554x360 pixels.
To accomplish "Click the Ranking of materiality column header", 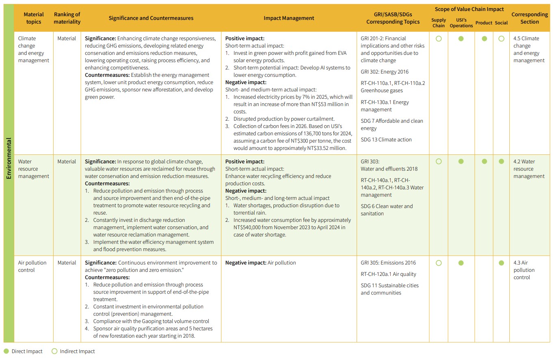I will [67, 18].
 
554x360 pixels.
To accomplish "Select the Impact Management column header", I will [289, 18].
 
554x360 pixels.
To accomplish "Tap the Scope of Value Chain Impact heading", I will [469, 9].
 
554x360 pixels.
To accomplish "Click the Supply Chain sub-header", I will [438, 23].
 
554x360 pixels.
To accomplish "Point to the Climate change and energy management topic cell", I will [34, 50].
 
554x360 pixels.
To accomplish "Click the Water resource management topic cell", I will [34, 169].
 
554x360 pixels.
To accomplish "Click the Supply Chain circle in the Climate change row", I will [439, 39].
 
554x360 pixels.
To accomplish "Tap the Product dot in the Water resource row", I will [484, 161].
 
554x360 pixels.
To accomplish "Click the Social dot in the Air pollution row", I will [501, 263].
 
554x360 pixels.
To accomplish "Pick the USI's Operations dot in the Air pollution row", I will [461, 263].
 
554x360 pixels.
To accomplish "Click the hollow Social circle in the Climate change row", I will [501, 39].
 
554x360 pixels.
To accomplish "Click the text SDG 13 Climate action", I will [386, 139].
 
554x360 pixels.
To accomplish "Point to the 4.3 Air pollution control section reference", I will [524, 270].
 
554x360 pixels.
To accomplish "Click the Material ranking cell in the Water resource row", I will [67, 161].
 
